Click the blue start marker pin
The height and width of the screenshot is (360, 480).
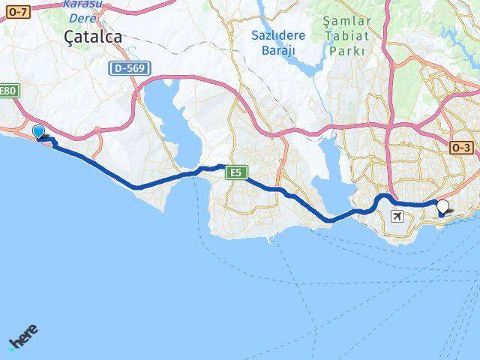pyautogui.click(x=39, y=132)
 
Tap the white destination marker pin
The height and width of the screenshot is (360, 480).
pyautogui.click(x=443, y=207)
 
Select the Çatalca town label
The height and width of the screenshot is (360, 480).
pyautogui.click(x=94, y=36)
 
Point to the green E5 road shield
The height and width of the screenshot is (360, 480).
pyautogui.click(x=236, y=173)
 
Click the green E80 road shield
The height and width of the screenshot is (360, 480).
pyautogui.click(x=7, y=91)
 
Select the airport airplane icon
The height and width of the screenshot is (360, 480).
pyautogui.click(x=397, y=217)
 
